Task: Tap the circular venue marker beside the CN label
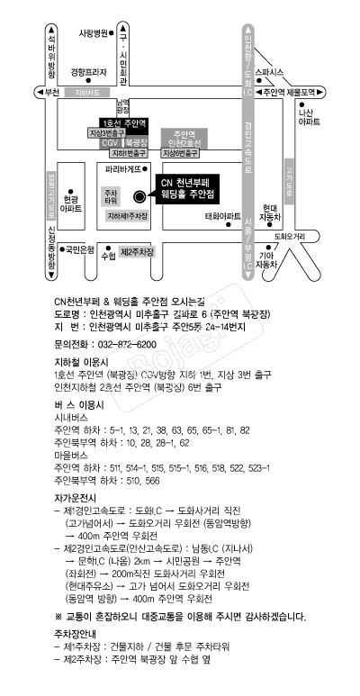tap(139, 195)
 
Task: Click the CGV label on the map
tap(109, 142)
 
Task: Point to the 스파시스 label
tap(270, 70)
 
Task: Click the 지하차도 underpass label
tap(93, 92)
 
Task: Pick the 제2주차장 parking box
tap(138, 251)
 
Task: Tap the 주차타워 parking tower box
tap(111, 195)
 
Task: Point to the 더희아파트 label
tap(222, 216)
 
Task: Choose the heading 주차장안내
tap(76, 656)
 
